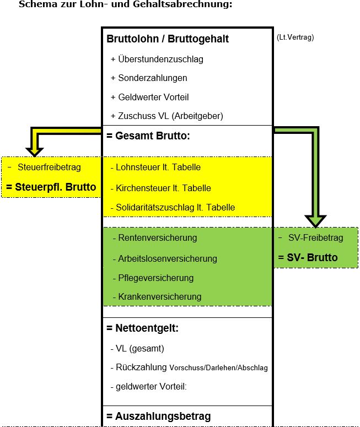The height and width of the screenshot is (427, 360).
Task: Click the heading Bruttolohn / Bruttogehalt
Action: tap(167, 39)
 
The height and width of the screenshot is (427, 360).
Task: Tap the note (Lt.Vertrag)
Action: tap(295, 37)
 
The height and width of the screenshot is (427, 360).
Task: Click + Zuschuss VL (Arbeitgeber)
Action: tap(166, 116)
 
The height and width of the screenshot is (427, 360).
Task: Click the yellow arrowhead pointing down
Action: tap(34, 149)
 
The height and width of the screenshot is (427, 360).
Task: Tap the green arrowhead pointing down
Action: tap(316, 220)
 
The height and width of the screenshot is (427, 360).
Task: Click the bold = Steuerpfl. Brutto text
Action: tap(51, 187)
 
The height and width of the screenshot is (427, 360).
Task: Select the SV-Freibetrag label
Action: tap(315, 238)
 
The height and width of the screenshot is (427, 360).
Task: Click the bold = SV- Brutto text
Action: tap(308, 257)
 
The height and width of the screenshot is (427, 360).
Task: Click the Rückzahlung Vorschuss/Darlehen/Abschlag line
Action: tap(189, 367)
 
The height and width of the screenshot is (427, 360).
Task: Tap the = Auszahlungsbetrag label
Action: tap(158, 416)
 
